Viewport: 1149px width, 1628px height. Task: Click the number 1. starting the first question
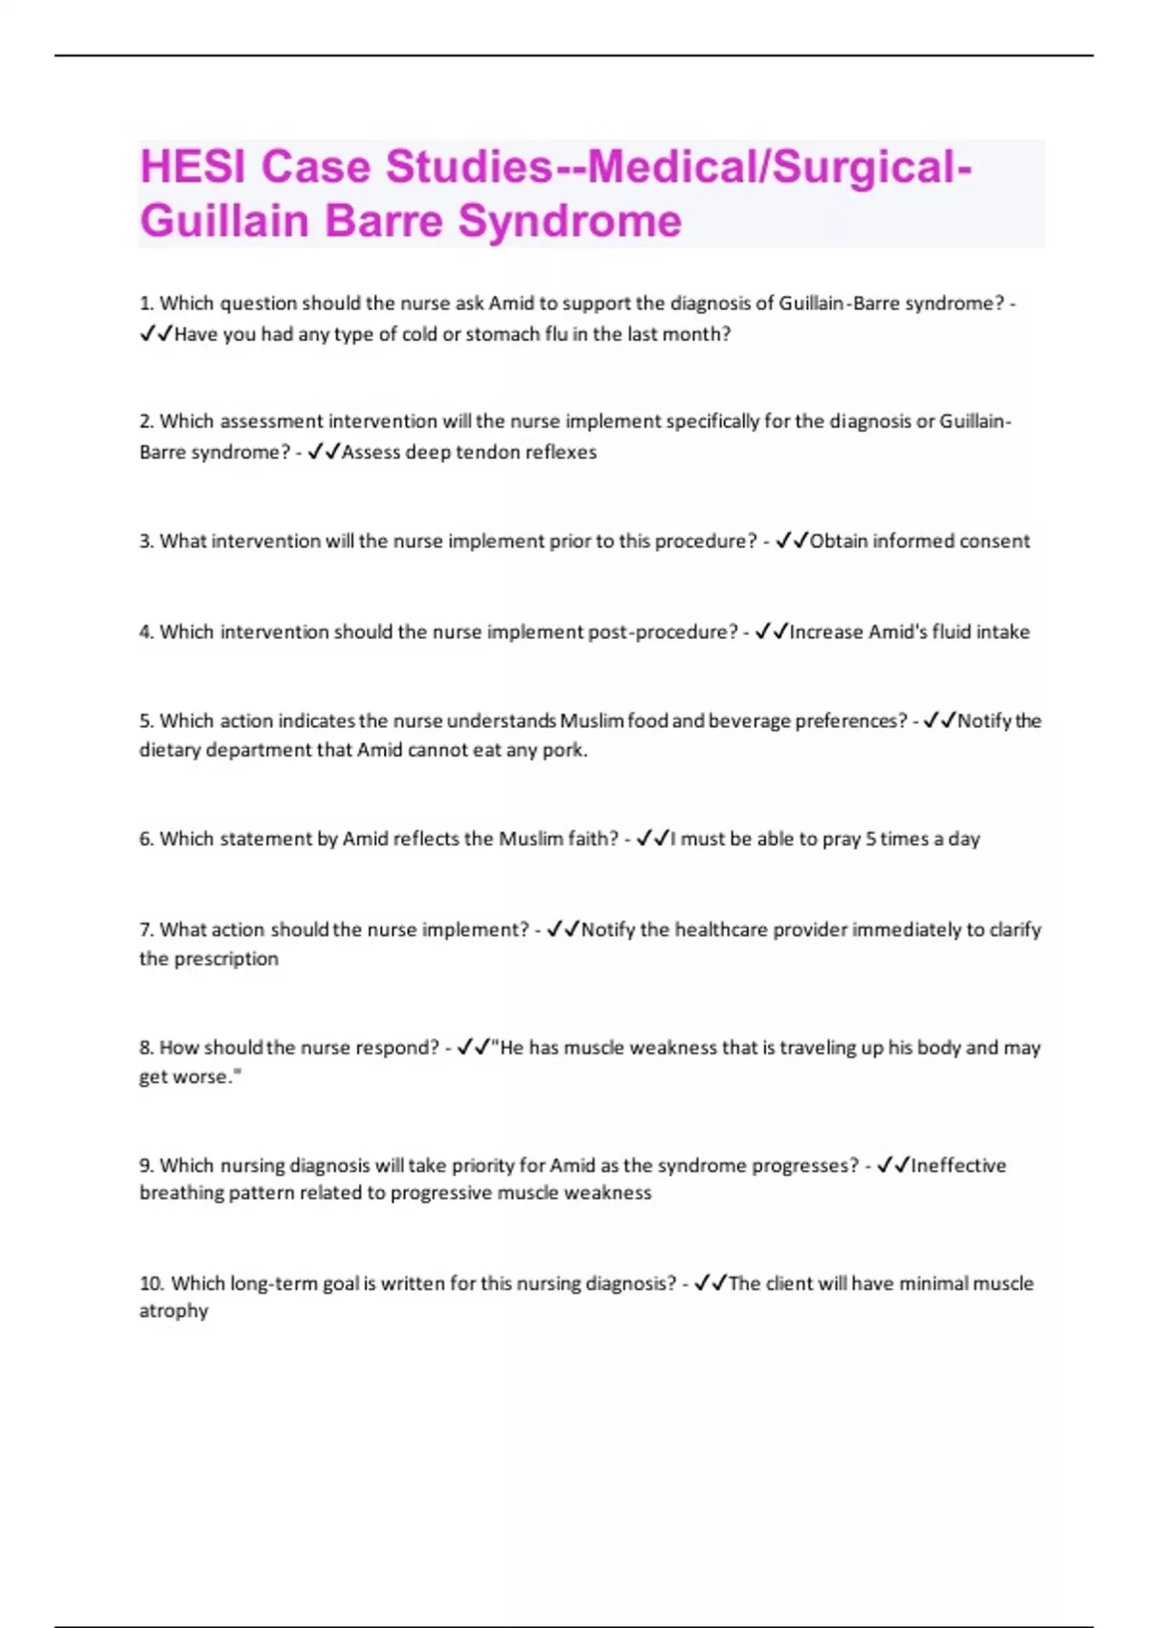[146, 304]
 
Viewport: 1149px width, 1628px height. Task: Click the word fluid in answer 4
[945, 632]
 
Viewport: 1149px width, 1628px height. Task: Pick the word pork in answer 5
[564, 750]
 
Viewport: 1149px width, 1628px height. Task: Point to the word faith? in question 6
[594, 839]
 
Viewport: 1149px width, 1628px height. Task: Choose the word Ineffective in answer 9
[958, 1165]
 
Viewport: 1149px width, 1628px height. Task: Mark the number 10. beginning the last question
[152, 1283]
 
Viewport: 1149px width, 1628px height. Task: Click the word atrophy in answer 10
[173, 1311]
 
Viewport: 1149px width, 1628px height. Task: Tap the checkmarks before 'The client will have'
[710, 1283]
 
